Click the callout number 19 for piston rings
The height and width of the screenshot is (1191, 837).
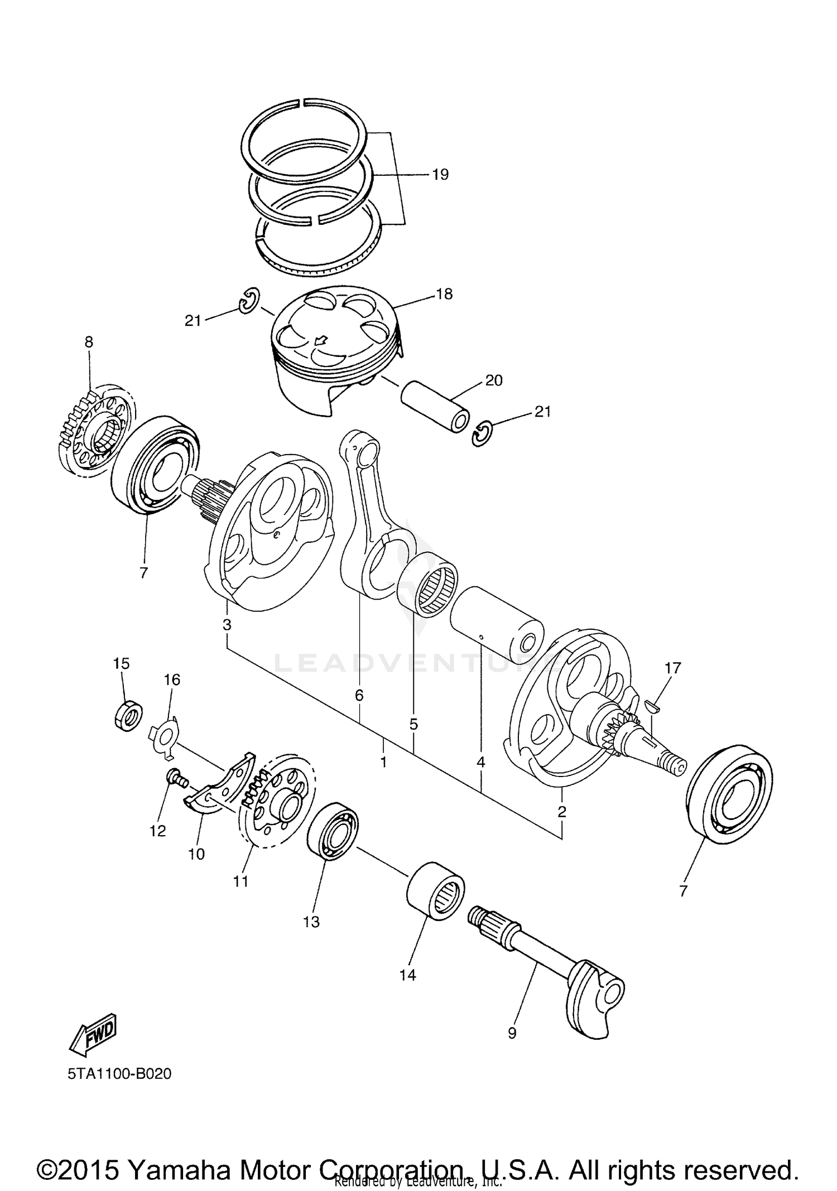pyautogui.click(x=440, y=175)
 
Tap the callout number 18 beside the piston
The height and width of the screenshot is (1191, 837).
pyautogui.click(x=444, y=294)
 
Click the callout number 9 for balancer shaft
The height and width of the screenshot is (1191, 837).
pyautogui.click(x=512, y=1033)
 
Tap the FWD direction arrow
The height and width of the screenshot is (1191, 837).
pyautogui.click(x=94, y=1031)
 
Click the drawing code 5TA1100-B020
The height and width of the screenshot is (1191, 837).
pyautogui.click(x=119, y=1073)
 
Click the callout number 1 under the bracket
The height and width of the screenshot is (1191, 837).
pyautogui.click(x=383, y=762)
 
